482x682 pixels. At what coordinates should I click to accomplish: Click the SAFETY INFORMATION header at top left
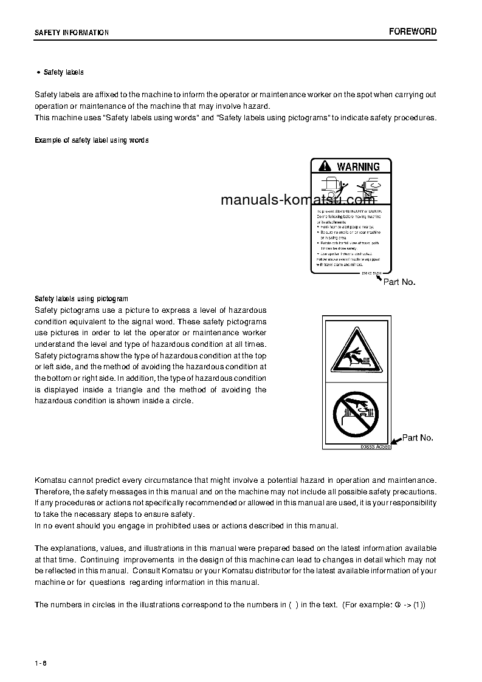coord(72,33)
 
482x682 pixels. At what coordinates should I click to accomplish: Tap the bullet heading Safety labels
coord(63,72)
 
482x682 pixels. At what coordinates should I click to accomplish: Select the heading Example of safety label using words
coord(91,140)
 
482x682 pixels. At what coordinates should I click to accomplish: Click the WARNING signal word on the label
coord(358,166)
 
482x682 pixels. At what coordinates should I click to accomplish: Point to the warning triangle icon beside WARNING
coord(324,166)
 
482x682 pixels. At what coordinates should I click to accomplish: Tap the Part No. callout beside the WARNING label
coord(399,282)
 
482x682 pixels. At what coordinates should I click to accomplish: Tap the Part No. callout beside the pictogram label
coord(418,437)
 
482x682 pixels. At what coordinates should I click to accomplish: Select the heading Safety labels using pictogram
coord(81,299)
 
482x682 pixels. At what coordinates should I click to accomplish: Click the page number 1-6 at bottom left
coord(41,662)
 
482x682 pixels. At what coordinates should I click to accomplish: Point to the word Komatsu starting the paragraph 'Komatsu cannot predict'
coord(50,480)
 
